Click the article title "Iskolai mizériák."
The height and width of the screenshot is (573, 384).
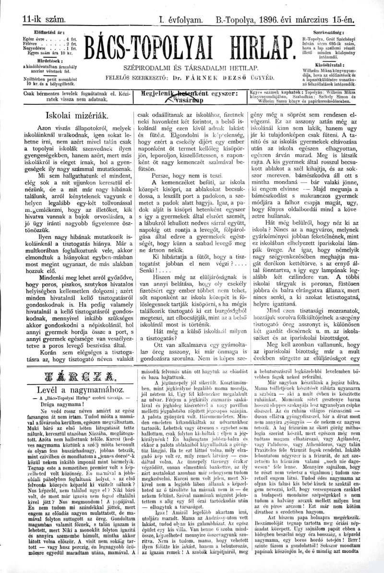coord(76,115)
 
